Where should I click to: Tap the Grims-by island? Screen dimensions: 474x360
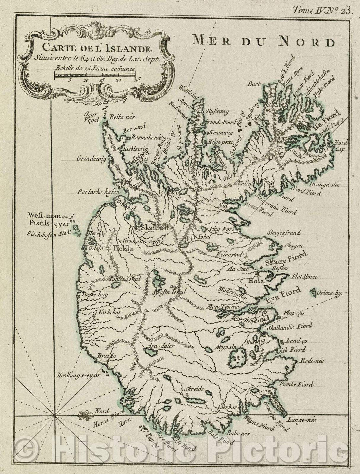pos(313,293)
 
